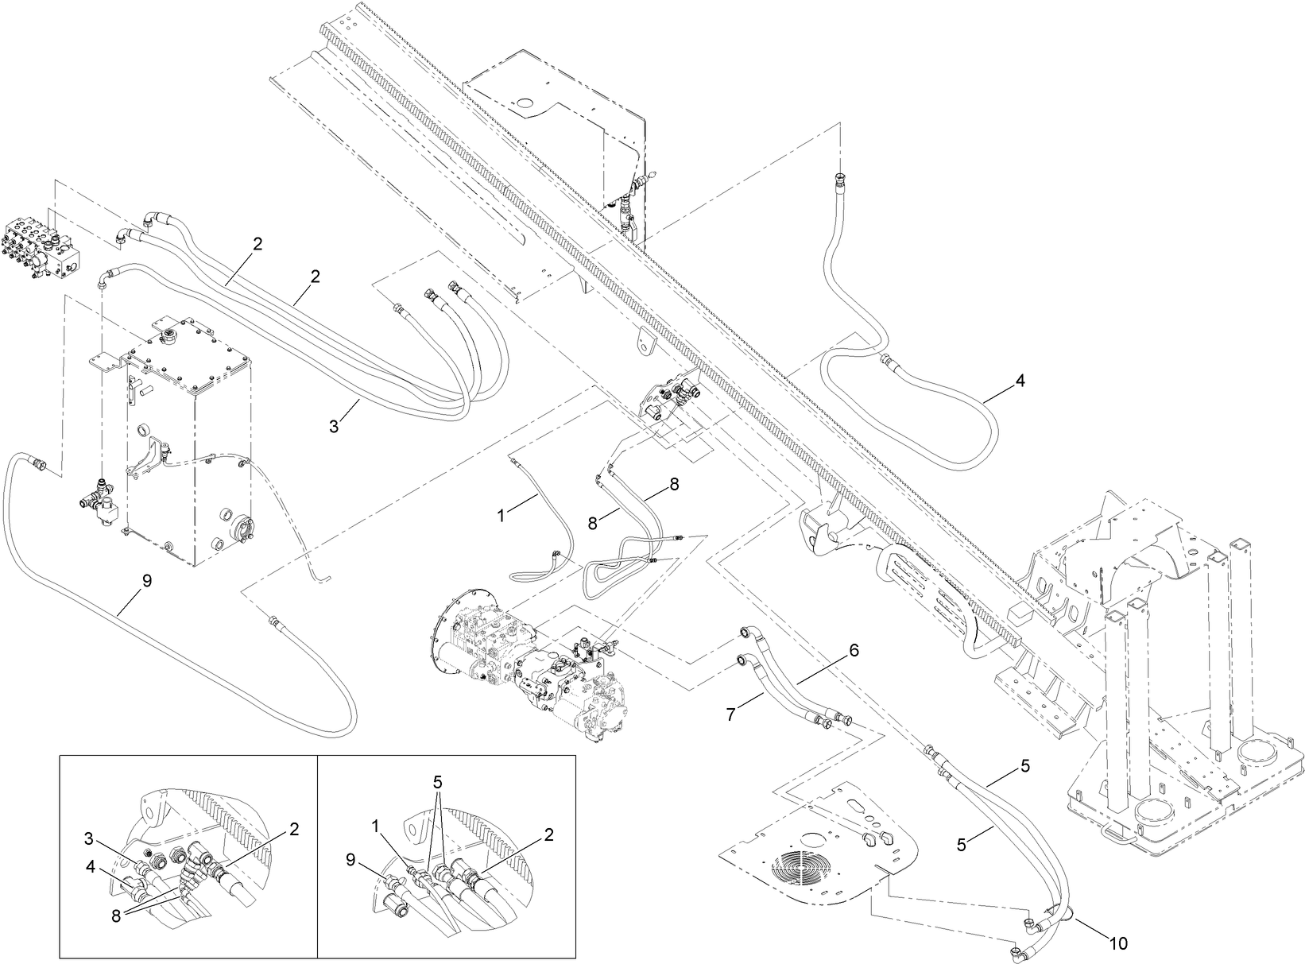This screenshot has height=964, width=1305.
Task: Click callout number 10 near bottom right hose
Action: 1117,944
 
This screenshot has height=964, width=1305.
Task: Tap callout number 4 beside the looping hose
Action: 1020,381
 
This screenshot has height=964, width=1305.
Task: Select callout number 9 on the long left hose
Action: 146,581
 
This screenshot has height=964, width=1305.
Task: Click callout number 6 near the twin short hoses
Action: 854,650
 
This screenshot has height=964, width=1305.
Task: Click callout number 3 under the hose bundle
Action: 335,426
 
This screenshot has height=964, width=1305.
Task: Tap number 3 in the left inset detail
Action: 89,838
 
